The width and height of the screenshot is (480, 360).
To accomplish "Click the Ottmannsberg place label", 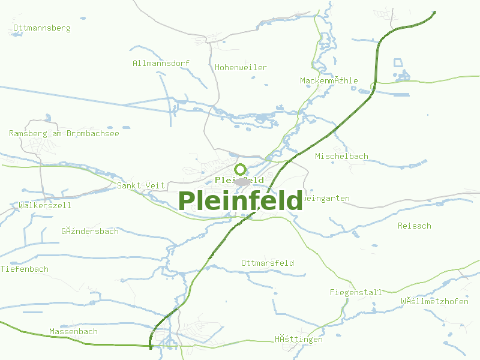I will click(x=41, y=28).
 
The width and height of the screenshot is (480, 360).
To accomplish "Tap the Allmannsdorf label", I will click(x=161, y=63).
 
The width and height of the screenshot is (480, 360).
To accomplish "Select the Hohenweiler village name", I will click(x=241, y=68).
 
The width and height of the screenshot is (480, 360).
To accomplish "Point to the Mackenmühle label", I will click(x=329, y=80).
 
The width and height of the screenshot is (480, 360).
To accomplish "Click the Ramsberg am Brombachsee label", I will click(x=64, y=133).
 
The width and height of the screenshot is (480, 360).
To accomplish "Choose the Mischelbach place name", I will click(x=341, y=157).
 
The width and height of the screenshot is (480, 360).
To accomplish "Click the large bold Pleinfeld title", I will click(x=240, y=200).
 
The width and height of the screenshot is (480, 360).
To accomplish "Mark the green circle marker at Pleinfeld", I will click(x=241, y=169).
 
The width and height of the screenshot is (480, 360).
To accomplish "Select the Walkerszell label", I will click(x=45, y=205).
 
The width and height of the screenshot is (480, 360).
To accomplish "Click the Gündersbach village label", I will click(x=90, y=231).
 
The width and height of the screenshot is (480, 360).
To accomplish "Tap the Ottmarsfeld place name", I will click(x=268, y=263).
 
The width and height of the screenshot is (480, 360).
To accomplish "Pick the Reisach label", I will click(x=414, y=226).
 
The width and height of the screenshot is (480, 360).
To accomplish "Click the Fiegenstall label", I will click(x=356, y=292).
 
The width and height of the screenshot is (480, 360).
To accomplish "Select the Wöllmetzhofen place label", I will click(x=434, y=301).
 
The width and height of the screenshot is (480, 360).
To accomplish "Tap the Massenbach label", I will click(x=73, y=331).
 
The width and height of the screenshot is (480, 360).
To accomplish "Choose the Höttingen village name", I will click(x=299, y=339).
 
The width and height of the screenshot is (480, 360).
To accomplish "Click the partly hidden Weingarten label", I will click(x=326, y=198).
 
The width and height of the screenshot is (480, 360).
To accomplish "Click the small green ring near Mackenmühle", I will click(x=373, y=87).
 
